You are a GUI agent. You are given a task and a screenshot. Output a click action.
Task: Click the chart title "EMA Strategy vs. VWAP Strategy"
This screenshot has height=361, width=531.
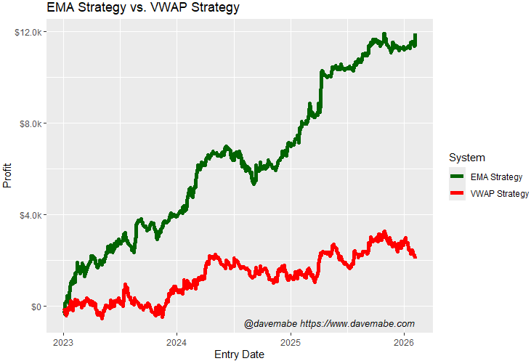tap(142, 9)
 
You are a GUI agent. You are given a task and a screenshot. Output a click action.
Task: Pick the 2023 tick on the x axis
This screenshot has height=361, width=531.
tap(64, 341)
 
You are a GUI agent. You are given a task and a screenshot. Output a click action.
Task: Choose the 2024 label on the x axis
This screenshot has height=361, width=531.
tap(177, 341)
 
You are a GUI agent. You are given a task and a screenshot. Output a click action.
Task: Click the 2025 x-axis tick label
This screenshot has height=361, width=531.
tap(291, 341)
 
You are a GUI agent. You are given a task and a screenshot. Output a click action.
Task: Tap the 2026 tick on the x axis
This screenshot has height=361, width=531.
tap(404, 341)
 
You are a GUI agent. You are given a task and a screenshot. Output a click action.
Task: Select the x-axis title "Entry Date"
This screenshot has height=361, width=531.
tap(239, 354)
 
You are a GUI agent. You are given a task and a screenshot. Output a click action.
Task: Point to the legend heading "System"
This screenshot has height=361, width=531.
tap(467, 158)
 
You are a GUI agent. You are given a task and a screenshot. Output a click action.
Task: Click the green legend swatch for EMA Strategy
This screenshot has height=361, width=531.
tap(458, 177)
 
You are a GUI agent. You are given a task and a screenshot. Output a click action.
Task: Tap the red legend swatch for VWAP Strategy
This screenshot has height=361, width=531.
tap(458, 193)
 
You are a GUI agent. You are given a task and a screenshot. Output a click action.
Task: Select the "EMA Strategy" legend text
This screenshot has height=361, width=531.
tap(497, 177)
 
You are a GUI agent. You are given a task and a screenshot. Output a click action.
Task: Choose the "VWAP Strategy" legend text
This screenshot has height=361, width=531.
tap(500, 193)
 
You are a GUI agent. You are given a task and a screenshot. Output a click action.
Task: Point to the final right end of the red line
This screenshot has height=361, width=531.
tap(415, 256)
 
